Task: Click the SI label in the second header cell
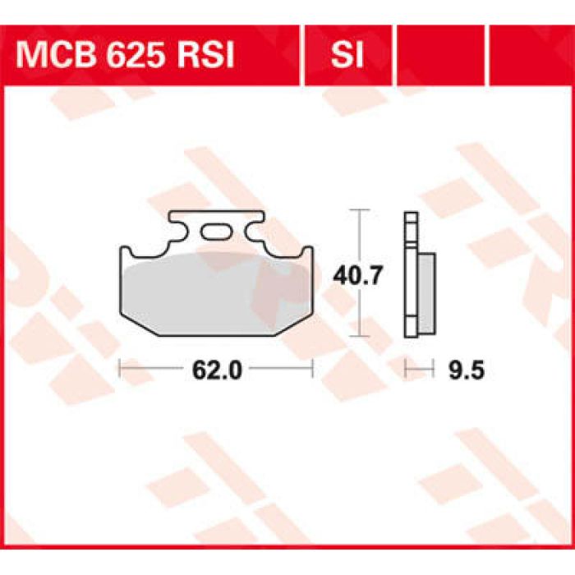point(347,56)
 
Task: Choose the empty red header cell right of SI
point(441,56)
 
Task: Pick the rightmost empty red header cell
point(531,56)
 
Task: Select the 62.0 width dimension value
point(216,370)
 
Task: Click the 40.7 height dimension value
point(356,277)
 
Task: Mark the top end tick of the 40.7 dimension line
point(356,211)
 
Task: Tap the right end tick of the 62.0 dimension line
point(312,370)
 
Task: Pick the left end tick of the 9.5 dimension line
point(405,370)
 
